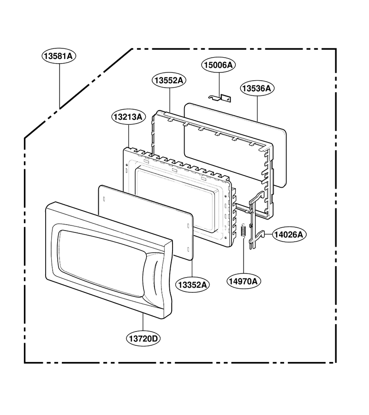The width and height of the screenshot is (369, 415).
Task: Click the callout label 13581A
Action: [59, 56]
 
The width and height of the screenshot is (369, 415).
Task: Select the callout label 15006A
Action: [219, 65]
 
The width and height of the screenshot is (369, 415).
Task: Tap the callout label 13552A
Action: [169, 80]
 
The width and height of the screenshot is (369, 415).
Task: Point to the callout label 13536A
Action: [257, 88]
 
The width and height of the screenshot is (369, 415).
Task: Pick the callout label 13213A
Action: [128, 117]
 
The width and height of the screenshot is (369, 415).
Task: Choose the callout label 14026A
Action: [289, 235]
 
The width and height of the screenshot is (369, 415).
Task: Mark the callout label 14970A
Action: [243, 281]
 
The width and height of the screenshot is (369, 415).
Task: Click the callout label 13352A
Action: [192, 285]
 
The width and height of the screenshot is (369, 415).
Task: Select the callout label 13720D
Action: [143, 338]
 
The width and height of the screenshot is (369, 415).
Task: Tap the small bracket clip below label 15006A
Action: [220, 98]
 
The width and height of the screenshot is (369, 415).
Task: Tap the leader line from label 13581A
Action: [60, 86]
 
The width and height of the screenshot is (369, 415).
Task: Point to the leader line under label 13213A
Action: [129, 136]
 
